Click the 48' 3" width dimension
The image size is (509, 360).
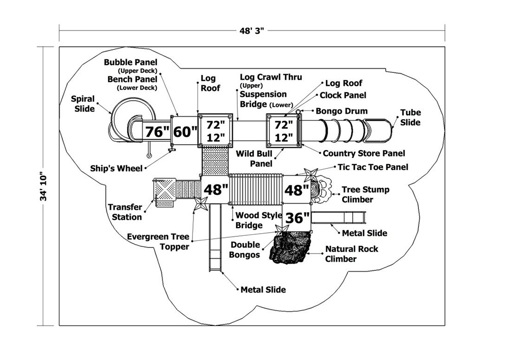pyautogui.click(x=252, y=31)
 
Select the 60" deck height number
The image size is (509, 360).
pyautogui.click(x=185, y=131)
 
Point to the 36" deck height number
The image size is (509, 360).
pyautogui.click(x=297, y=218)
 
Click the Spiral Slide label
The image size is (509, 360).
pyautogui.click(x=82, y=104)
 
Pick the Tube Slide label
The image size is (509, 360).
pyautogui.click(x=410, y=118)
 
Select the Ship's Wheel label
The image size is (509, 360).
pyautogui.click(x=117, y=168)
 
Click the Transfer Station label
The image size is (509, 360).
pyautogui.click(x=125, y=212)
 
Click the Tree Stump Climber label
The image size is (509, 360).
pyautogui.click(x=365, y=195)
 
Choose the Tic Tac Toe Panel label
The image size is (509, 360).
pyautogui.click(x=373, y=167)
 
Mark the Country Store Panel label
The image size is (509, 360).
pyautogui.click(x=364, y=153)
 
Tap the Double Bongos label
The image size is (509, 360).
pyautogui.click(x=244, y=250)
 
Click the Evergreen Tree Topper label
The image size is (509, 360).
pyautogui.click(x=158, y=242)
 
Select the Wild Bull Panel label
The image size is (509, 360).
pyautogui.click(x=261, y=158)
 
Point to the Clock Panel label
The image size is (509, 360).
pyautogui.click(x=343, y=95)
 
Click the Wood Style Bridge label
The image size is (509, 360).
pyautogui.click(x=259, y=220)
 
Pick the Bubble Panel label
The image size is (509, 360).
pyautogui.click(x=131, y=63)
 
